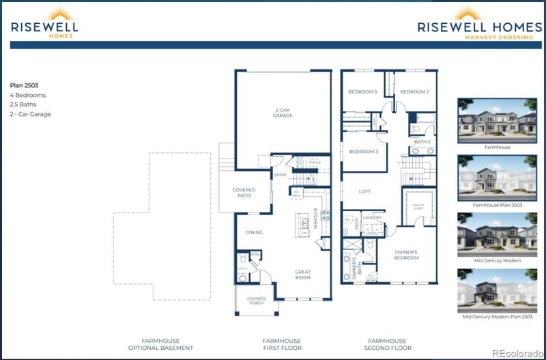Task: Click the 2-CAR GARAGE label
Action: click(x=283, y=112)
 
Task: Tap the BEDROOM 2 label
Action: click(x=414, y=92)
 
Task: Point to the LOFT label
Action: click(x=364, y=191)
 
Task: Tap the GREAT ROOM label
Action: click(x=302, y=275)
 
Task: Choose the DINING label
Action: click(x=254, y=232)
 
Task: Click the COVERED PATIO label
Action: click(x=244, y=193)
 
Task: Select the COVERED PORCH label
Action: click(x=256, y=301)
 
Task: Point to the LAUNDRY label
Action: click(x=371, y=217)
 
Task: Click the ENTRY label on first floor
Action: click(x=280, y=176)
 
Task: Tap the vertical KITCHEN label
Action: click(x=315, y=218)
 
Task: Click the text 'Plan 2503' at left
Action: click(x=25, y=85)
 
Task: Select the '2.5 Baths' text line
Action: click(x=24, y=105)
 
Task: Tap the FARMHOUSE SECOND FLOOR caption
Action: click(x=386, y=344)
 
